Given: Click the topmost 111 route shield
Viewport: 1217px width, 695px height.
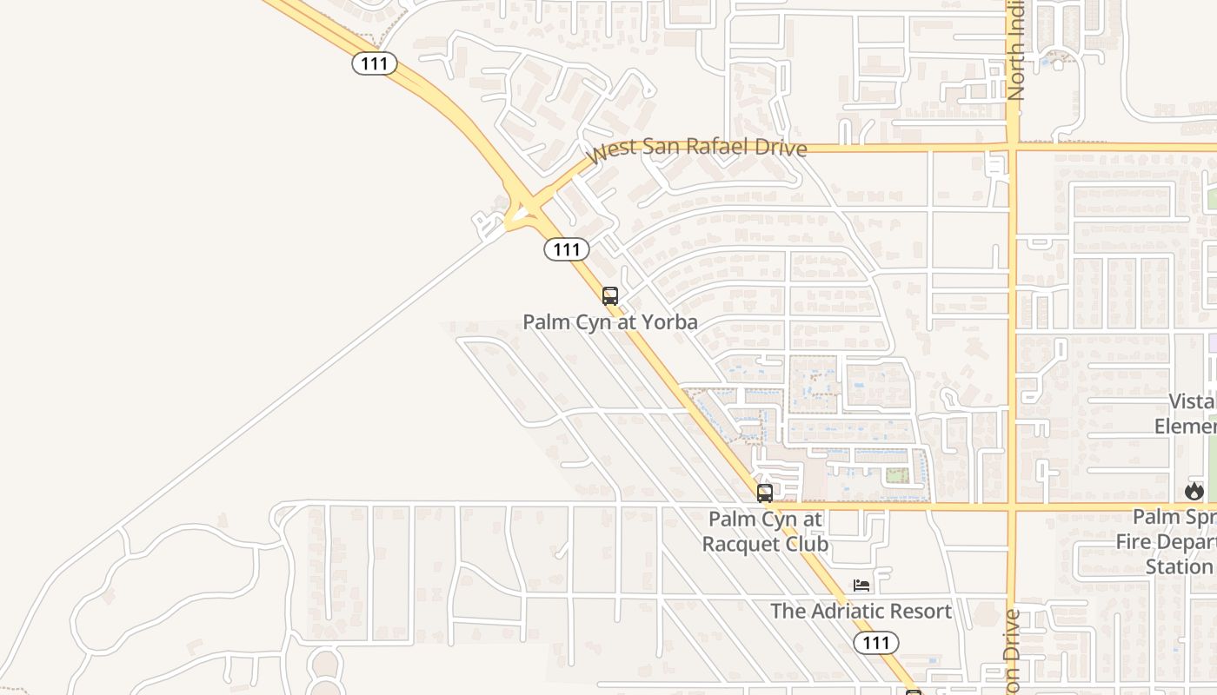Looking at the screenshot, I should point(375,63).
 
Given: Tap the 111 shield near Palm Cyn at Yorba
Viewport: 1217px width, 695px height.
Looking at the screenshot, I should point(567,249).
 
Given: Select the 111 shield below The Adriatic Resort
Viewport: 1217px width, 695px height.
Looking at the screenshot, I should point(876,642).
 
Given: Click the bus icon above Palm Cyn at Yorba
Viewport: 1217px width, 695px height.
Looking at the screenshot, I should point(610,295).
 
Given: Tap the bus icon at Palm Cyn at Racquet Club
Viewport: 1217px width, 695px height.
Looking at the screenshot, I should point(765,493).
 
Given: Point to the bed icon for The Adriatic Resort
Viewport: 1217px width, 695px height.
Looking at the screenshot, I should point(861,586).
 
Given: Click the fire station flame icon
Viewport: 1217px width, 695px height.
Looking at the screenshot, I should point(1194,491).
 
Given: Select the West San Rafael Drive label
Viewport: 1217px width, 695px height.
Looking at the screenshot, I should point(697,149).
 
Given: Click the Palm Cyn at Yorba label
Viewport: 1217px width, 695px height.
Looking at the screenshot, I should point(610,322).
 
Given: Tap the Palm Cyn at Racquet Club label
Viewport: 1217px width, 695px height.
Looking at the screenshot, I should point(765,532).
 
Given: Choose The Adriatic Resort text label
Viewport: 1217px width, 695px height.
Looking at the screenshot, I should point(861,611).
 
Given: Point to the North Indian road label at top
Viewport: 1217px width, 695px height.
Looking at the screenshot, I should point(1016,52).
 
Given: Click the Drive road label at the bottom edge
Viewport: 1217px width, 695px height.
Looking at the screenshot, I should point(1012,652).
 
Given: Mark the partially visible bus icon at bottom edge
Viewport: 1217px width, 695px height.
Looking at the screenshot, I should point(914,692).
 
